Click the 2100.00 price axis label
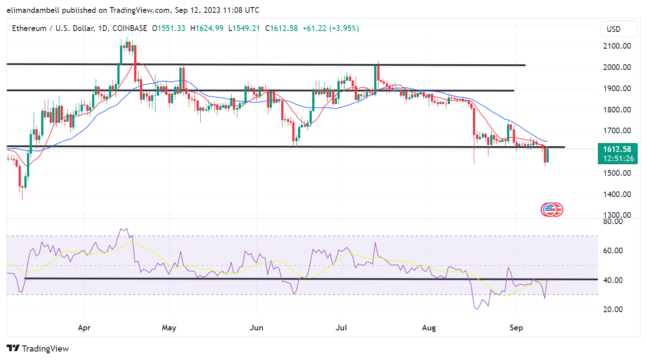coord(617,46)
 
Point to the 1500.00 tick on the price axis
coord(617,173)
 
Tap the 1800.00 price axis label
coord(617,110)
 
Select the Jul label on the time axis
coord(341,328)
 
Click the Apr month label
coord(84,328)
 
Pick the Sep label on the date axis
coord(516,328)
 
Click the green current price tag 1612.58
coord(617,149)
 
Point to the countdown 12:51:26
coord(618,159)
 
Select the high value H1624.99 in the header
coord(207,28)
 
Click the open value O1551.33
coord(169,28)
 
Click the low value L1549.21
coord(244,28)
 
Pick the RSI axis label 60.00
coord(613,251)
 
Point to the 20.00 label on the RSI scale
coord(613,310)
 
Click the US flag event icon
coord(550,209)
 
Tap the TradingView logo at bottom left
coord(38,348)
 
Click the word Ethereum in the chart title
coord(29,28)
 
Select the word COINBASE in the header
coord(130,28)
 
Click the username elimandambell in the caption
coord(33,10)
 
